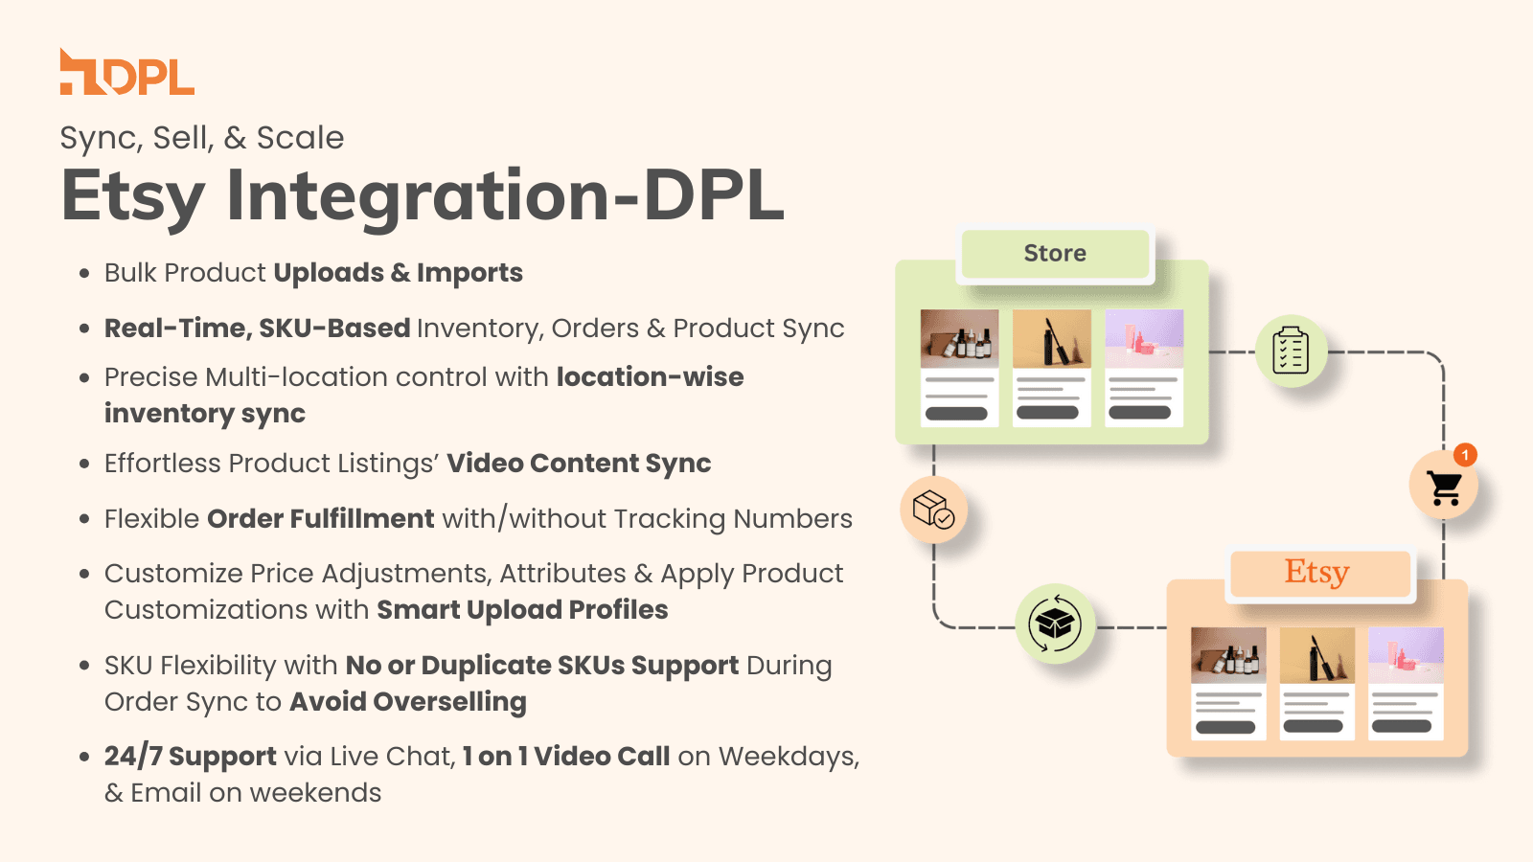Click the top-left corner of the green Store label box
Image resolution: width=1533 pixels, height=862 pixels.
(x=962, y=231)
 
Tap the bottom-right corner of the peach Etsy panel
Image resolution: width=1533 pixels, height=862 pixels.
(x=1468, y=757)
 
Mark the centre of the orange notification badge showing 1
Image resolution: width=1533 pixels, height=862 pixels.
(x=1465, y=455)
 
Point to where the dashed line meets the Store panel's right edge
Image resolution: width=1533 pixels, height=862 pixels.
(x=1208, y=352)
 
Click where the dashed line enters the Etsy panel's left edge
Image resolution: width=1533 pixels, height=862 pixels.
(x=1167, y=626)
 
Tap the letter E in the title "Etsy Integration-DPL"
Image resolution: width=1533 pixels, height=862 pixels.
(x=83, y=196)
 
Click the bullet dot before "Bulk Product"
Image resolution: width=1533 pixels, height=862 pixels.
(x=84, y=274)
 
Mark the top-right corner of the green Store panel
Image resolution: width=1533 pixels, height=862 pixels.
(x=1208, y=260)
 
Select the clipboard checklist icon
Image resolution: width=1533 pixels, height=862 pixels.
(x=1291, y=351)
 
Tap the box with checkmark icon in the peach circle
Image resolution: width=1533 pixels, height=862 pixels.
(x=933, y=510)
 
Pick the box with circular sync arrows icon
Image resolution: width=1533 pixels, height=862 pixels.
(x=1055, y=624)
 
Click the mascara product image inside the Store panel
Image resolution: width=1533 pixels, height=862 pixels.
(x=1051, y=339)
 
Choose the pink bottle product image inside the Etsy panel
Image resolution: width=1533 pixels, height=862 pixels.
(x=1406, y=655)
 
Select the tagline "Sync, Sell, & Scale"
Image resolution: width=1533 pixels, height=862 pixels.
(x=202, y=138)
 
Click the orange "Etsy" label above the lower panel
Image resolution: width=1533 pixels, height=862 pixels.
(x=1317, y=573)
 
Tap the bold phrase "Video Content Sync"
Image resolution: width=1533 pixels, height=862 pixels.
(x=579, y=464)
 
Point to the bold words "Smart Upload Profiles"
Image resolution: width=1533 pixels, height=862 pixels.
(x=522, y=610)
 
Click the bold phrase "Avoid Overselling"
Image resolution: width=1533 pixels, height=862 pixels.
(x=408, y=702)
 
